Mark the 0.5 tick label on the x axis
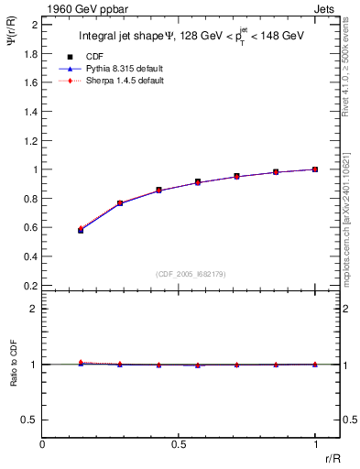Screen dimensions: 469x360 [x=179, y=443]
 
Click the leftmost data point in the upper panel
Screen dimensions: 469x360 [x=81, y=230]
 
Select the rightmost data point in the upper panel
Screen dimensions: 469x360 [x=315, y=169]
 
